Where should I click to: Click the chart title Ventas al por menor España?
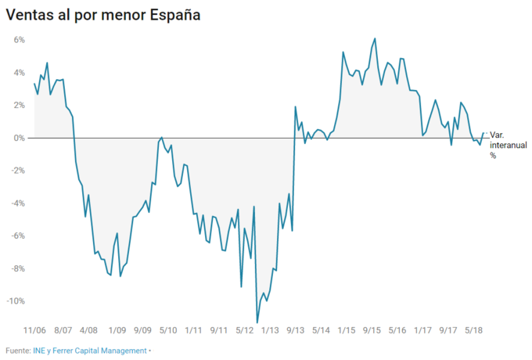tap(102, 16)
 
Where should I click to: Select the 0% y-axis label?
tap(20, 138)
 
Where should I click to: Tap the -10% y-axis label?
tap(16, 301)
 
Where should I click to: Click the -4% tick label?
tap(17, 203)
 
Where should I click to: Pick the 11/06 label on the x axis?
tap(36, 330)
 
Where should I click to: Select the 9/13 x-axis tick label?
tap(297, 330)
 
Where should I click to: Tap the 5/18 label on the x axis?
tap(473, 330)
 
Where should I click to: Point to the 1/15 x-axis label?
tap(347, 330)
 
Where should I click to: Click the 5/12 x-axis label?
tap(246, 330)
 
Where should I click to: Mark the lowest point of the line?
tap(257, 322)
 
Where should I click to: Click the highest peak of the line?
tap(376, 38)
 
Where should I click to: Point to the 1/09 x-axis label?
tap(118, 330)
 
